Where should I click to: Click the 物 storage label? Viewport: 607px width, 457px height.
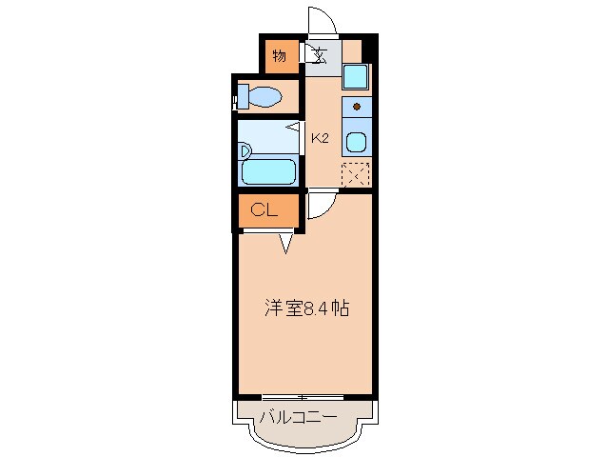[279, 55]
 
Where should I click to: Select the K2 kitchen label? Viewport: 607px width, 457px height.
[320, 139]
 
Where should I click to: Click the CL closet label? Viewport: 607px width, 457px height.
[264, 210]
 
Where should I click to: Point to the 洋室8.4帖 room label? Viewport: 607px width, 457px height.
[304, 308]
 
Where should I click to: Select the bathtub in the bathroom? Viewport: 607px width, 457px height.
[267, 171]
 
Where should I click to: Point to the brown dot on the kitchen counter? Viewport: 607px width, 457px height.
[357, 106]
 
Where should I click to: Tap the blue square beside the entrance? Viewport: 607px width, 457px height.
[355, 76]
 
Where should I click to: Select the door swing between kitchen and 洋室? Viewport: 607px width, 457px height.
[317, 205]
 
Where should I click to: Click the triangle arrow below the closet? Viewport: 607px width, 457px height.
[286, 246]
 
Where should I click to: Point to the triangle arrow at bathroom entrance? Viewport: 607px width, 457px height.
[297, 127]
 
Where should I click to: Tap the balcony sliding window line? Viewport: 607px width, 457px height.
[302, 395]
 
